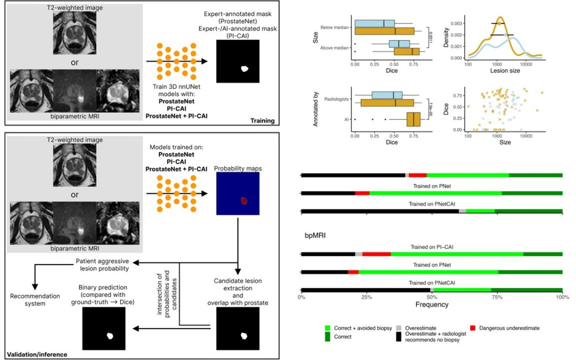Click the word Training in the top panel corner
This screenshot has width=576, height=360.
point(262,121)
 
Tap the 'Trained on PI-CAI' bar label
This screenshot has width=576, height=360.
point(431,247)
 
